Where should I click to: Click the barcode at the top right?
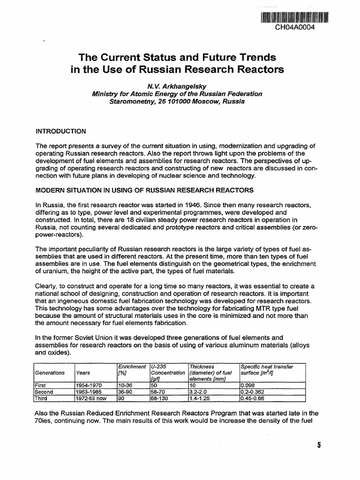click(x=294, y=17)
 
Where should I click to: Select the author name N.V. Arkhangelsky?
click(x=177, y=86)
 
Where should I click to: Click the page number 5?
click(x=318, y=446)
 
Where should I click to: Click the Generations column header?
click(x=50, y=373)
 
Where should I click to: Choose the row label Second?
click(x=45, y=392)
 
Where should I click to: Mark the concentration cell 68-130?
click(x=161, y=398)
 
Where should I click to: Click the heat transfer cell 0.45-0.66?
click(x=252, y=398)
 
